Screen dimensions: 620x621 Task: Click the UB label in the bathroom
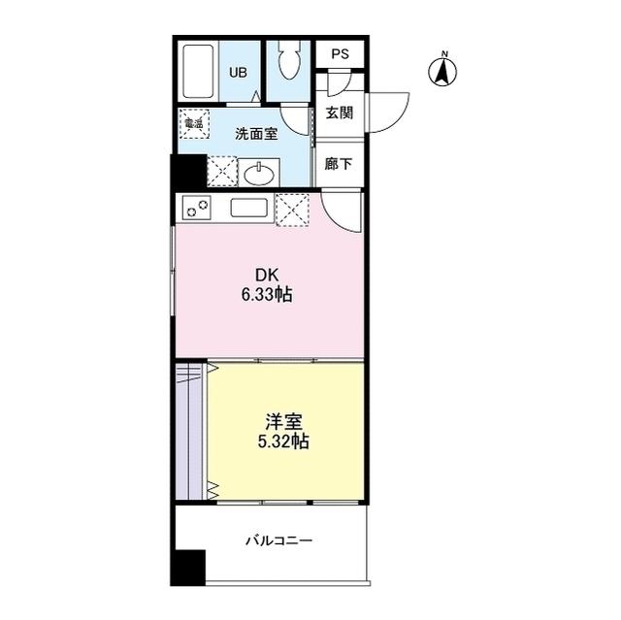(238, 71)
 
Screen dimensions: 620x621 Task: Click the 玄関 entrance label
(339, 113)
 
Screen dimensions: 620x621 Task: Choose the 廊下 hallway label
(339, 165)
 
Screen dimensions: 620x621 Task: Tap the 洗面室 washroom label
(257, 134)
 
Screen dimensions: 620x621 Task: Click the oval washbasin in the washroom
(258, 175)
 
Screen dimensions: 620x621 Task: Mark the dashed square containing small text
(194, 123)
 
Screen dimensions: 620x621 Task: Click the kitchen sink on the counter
(249, 208)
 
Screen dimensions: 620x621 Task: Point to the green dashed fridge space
(292, 210)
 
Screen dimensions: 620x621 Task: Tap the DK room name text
(267, 276)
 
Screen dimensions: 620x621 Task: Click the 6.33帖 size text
(267, 294)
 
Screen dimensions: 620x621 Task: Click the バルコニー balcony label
(278, 541)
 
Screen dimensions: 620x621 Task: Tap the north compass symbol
(443, 69)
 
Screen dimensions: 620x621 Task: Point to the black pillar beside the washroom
(186, 173)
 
